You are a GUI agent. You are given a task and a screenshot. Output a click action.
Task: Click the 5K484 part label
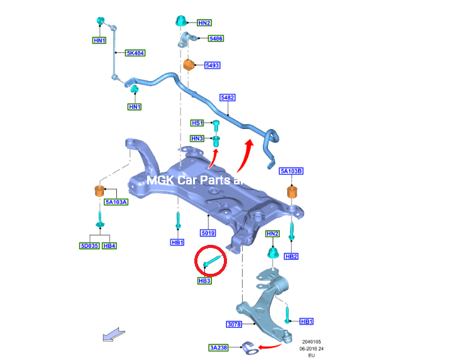click(135, 53)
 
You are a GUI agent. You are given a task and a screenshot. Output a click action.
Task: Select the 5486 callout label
click(216, 38)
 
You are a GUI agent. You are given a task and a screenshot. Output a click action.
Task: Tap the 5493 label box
click(213, 65)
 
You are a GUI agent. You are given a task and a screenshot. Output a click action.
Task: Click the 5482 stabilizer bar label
click(228, 98)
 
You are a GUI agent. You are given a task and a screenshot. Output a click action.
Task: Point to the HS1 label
click(197, 123)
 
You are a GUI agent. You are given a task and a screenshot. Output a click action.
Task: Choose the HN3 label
click(197, 138)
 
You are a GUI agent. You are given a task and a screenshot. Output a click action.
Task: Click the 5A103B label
click(291, 171)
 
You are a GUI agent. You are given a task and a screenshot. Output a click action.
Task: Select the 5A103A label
click(116, 202)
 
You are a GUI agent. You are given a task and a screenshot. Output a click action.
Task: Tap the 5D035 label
click(89, 245)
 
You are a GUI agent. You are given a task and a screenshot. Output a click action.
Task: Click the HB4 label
click(109, 245)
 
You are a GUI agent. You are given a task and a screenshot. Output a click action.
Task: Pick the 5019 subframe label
click(208, 233)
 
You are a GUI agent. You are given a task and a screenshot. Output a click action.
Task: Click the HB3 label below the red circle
click(204, 281)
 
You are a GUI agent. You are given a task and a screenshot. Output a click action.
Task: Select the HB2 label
click(291, 257)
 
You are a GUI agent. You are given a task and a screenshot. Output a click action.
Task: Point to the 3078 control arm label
click(234, 324)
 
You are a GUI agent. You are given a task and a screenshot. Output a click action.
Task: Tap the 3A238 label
click(218, 347)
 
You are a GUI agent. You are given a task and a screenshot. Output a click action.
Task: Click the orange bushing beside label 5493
click(189, 65)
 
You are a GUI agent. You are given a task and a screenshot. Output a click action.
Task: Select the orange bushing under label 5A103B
click(292, 192)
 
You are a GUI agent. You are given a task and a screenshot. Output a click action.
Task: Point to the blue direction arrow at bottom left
click(114, 335)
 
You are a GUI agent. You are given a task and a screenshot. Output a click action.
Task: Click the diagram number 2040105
click(311, 342)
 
